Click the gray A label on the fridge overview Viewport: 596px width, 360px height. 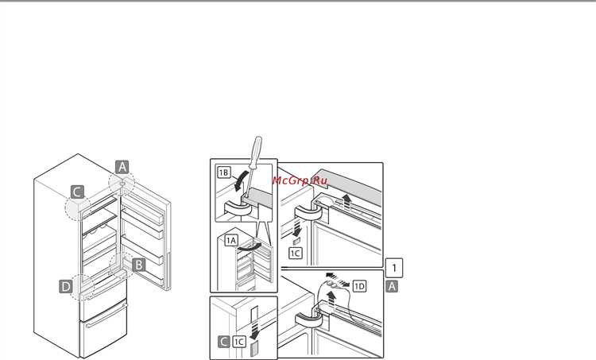[122, 167]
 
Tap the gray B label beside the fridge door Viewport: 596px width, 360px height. [139, 265]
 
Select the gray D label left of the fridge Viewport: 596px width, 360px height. [66, 286]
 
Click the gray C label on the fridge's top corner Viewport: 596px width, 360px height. [78, 192]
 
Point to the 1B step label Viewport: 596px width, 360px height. [224, 172]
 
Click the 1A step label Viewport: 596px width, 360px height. [231, 240]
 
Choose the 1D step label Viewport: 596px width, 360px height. [359, 286]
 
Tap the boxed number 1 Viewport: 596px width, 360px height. [394, 268]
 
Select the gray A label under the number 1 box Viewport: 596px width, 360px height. [392, 286]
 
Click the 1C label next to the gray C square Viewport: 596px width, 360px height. [238, 342]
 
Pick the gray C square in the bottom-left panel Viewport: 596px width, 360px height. [224, 342]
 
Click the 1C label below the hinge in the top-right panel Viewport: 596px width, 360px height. [296, 254]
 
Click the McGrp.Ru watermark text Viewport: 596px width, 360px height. [300, 180]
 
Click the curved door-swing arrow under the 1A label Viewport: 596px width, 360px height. [249, 247]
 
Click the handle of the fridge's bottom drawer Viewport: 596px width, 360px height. [106, 316]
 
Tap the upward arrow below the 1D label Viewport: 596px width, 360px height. [331, 299]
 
